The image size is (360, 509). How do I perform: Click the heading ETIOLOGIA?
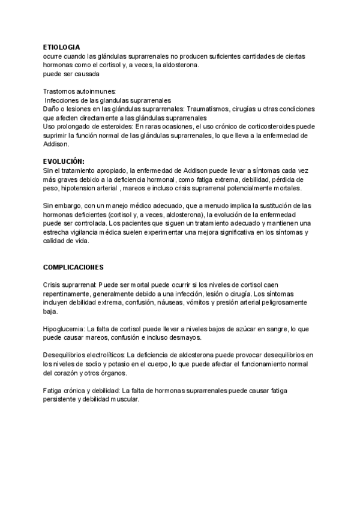click(x=61, y=46)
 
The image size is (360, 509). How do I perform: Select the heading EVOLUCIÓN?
click(x=64, y=161)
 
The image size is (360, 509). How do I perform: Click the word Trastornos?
click(x=59, y=91)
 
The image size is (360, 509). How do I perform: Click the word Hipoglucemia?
click(x=63, y=330)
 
